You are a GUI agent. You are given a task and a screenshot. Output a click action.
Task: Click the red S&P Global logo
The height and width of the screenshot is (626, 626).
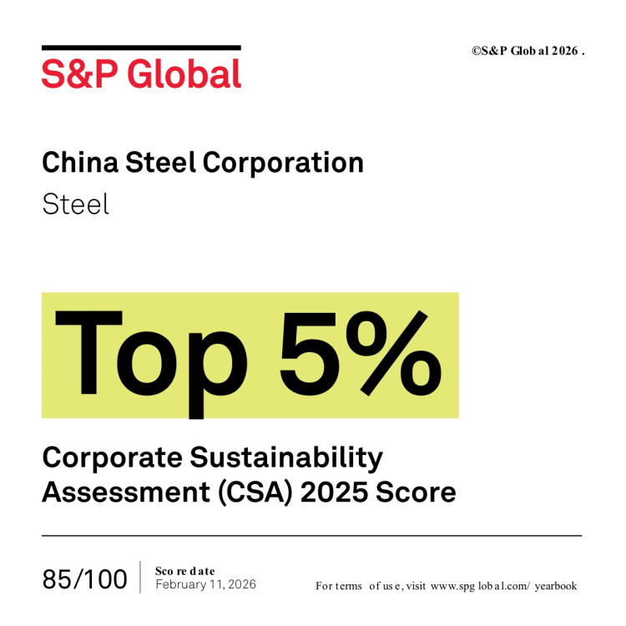click(x=141, y=73)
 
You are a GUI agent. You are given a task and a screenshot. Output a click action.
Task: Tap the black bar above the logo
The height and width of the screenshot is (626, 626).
click(x=141, y=48)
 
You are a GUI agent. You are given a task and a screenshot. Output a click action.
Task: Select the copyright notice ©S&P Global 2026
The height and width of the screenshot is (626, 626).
click(x=528, y=50)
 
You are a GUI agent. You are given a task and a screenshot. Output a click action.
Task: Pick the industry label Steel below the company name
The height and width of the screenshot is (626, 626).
click(x=75, y=204)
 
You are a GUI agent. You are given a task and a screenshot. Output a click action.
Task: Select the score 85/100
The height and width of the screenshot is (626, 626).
click(x=85, y=578)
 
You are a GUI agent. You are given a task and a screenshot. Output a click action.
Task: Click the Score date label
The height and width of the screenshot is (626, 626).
click(x=184, y=570)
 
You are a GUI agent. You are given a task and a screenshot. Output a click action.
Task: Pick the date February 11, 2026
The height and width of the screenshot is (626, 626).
click(x=205, y=584)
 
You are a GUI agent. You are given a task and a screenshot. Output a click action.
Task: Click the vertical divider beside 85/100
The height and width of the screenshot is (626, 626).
click(x=140, y=577)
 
